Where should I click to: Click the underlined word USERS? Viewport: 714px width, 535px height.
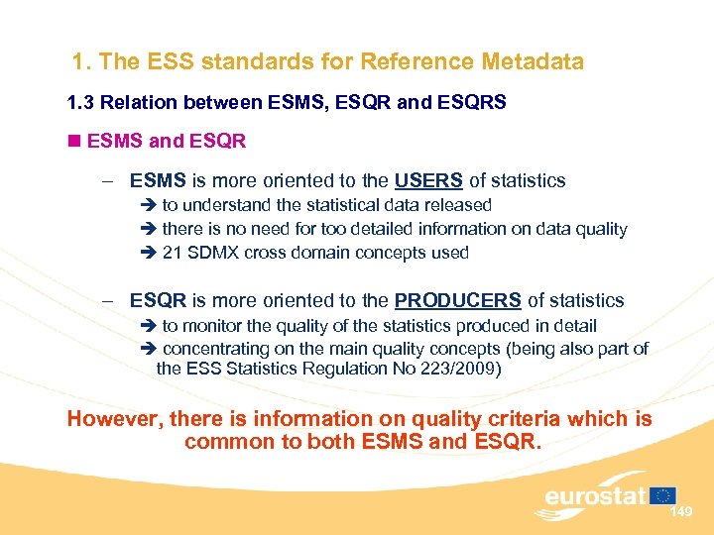pos(428,180)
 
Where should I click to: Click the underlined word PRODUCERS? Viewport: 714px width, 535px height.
pos(457,300)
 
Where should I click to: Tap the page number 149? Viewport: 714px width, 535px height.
pos(681,512)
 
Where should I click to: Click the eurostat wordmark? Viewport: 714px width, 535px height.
pos(595,495)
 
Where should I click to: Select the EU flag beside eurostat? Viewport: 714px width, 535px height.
pos(664,494)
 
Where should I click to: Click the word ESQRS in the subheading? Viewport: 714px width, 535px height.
pos(480,103)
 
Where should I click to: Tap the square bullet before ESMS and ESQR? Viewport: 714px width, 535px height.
pos(74,141)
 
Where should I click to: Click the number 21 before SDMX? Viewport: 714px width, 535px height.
pos(172,253)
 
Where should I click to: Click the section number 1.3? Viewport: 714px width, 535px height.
pos(80,103)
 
